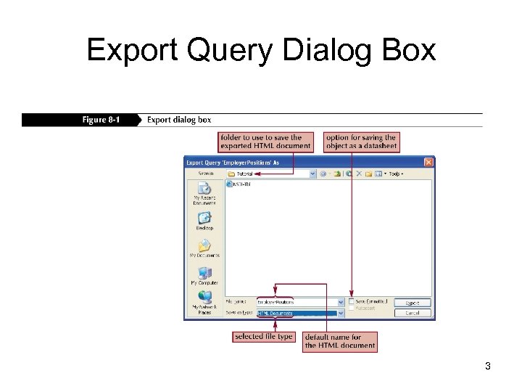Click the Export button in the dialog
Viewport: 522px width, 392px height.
pos(412,303)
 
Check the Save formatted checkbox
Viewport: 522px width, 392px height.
pos(352,301)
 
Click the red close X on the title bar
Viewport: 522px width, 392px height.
pos(428,163)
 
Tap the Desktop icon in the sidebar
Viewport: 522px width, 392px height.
pos(204,217)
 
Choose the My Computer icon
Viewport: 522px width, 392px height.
pos(204,273)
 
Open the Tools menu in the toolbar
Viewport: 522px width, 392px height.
pos(396,174)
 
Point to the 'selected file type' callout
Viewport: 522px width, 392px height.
pos(264,337)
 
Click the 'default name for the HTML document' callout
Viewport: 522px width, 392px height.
pos(340,341)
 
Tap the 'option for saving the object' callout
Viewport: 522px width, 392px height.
pos(361,142)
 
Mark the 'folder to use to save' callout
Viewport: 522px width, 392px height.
pos(266,142)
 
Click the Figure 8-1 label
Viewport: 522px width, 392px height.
pos(101,120)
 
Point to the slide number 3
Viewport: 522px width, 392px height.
pos(488,367)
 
